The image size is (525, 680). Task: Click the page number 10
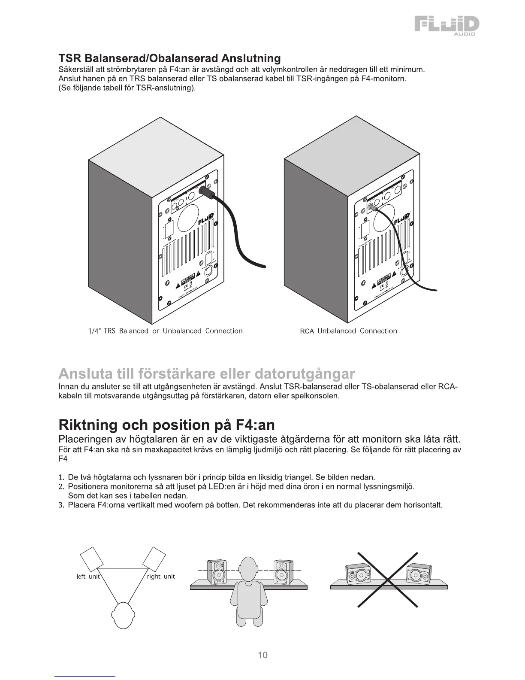click(262, 655)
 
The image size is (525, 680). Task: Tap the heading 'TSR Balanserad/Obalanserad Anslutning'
click(169, 58)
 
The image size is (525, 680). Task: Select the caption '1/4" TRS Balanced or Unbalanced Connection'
click(165, 331)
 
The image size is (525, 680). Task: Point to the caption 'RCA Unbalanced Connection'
click(348, 331)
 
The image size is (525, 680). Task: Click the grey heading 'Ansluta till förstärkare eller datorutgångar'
click(207, 372)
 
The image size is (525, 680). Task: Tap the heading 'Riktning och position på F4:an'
click(166, 425)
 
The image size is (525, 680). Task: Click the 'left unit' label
click(87, 577)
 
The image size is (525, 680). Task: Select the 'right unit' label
click(161, 577)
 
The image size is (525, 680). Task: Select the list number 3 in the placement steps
click(61, 505)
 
